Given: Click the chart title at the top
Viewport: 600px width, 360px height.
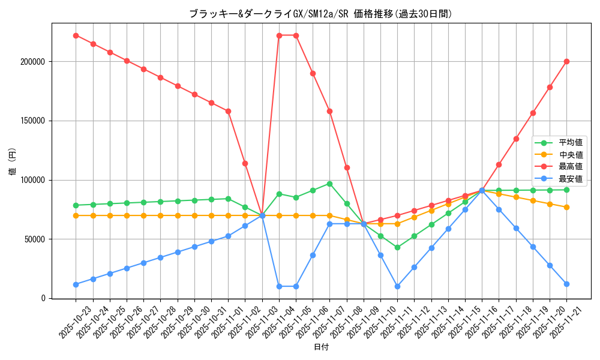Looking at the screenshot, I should tap(320, 13).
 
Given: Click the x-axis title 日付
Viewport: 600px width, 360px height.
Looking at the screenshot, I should tap(321, 347).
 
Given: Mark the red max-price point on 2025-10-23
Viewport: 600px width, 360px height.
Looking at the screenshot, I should tap(76, 35).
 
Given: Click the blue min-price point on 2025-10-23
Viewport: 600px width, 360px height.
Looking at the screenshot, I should tap(76, 284).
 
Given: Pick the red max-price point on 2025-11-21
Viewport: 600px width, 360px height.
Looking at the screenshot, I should tap(566, 61).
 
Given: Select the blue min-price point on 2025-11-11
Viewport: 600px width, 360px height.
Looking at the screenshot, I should tap(397, 286).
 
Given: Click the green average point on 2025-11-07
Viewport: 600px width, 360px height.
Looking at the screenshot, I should tap(329, 184).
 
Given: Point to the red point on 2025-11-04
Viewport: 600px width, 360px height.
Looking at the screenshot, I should tap(279, 35).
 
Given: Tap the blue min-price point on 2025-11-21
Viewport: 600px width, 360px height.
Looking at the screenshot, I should tap(566, 284).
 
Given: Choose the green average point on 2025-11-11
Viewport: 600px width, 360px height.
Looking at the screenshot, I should tap(397, 247).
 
